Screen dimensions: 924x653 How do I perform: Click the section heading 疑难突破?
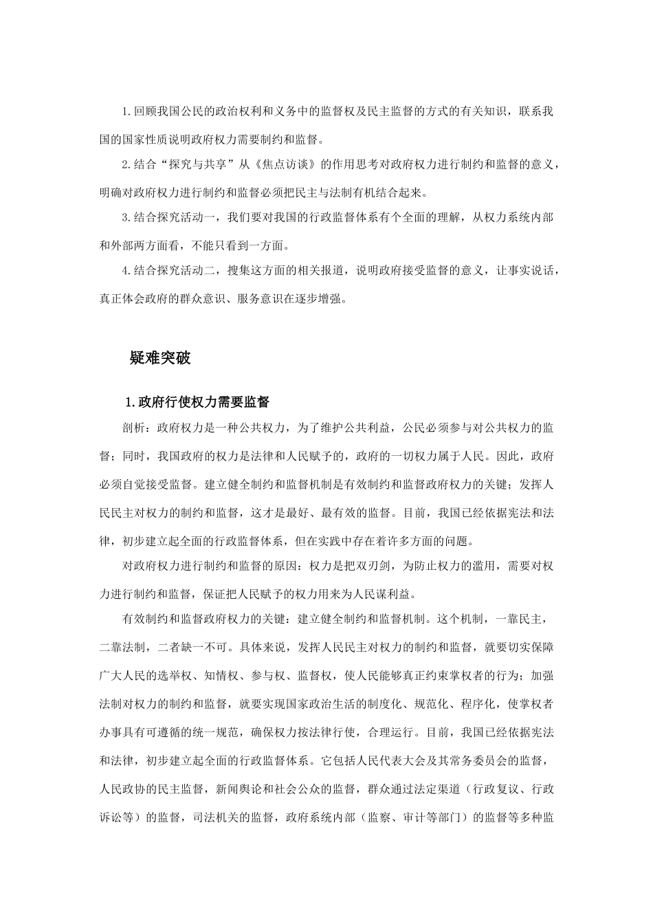tap(159, 358)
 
